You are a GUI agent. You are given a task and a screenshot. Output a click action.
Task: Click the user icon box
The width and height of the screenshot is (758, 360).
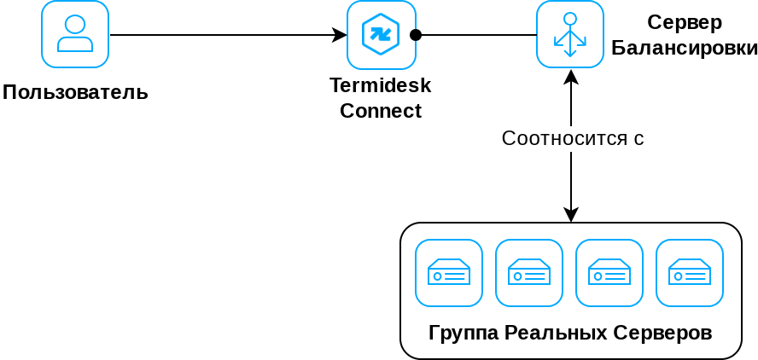pos(75,34)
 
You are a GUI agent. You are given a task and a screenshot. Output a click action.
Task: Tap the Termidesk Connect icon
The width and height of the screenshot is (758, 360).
pos(381,35)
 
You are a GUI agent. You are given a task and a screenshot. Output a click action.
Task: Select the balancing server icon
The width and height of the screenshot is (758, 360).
pos(570,34)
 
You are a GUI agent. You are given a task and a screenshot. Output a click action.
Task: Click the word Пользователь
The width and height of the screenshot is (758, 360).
pos(75,92)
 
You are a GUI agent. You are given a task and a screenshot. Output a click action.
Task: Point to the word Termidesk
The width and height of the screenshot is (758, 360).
pos(381,85)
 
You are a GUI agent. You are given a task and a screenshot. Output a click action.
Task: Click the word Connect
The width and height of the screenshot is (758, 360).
pos(381,111)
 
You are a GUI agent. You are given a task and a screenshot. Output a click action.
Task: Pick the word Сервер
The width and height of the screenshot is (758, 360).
pos(684,22)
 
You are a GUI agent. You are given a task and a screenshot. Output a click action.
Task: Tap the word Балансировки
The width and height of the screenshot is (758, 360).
pos(685,47)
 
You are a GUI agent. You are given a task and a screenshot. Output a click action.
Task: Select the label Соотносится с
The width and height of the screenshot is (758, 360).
pos(572,138)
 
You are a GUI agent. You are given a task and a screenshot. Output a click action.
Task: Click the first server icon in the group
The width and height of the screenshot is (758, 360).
pos(449,273)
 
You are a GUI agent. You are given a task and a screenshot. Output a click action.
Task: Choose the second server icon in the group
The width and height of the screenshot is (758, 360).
pos(529,273)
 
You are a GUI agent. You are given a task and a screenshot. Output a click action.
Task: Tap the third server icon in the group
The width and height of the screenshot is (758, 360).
pos(609,273)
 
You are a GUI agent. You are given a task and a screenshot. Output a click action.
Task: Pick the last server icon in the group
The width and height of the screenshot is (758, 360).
pos(690,273)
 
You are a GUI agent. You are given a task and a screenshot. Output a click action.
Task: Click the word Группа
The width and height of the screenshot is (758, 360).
pos(464,333)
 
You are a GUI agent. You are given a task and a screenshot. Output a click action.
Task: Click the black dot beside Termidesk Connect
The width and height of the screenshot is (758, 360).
pos(416,35)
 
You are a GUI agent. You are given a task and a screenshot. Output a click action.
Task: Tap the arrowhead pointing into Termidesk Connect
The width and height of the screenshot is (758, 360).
pos(340,35)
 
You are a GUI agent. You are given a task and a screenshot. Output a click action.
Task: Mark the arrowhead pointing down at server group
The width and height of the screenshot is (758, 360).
pos(571,215)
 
